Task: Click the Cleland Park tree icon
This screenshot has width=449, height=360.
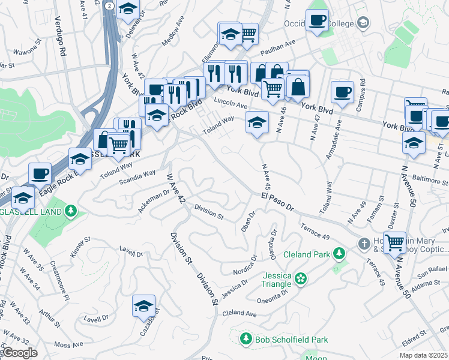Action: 339,254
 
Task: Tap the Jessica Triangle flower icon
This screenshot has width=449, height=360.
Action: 301,278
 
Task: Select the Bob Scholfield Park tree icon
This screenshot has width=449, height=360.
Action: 246,340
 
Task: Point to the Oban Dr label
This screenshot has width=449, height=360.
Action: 248,221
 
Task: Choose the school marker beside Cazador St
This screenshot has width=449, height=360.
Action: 144,306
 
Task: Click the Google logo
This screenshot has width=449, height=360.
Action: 20,352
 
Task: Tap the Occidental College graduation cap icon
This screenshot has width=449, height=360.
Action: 363,23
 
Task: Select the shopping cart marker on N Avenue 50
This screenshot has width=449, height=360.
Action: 394,242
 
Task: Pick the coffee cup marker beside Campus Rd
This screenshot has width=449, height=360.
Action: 343,92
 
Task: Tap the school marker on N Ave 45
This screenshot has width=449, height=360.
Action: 257,123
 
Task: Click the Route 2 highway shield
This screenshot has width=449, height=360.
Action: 108,5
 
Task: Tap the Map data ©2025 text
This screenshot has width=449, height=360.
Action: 424,355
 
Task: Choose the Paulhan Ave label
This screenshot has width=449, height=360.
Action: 281,44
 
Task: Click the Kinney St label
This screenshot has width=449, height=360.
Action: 80,247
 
